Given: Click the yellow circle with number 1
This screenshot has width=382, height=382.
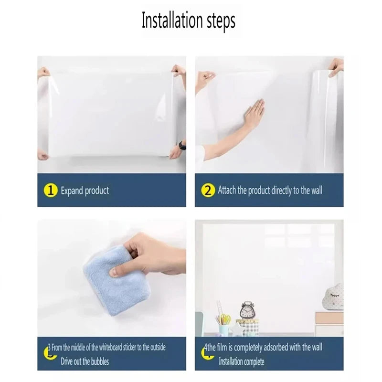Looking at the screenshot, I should [x=50, y=191].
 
